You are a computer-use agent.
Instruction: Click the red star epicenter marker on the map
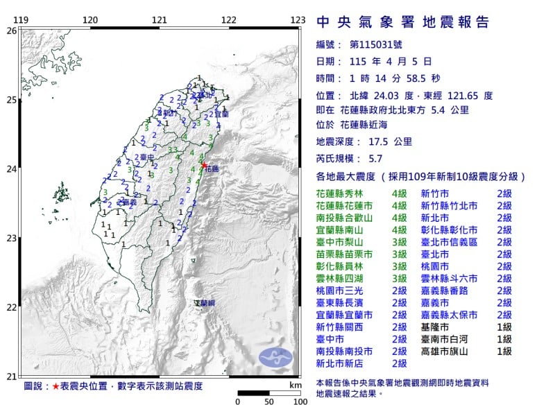pos(204,165)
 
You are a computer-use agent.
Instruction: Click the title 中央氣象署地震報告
pos(403,22)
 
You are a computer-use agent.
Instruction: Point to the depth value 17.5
pos(375,142)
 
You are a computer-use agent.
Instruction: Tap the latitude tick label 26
pos(11,31)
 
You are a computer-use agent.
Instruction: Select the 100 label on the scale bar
pos(300,401)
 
